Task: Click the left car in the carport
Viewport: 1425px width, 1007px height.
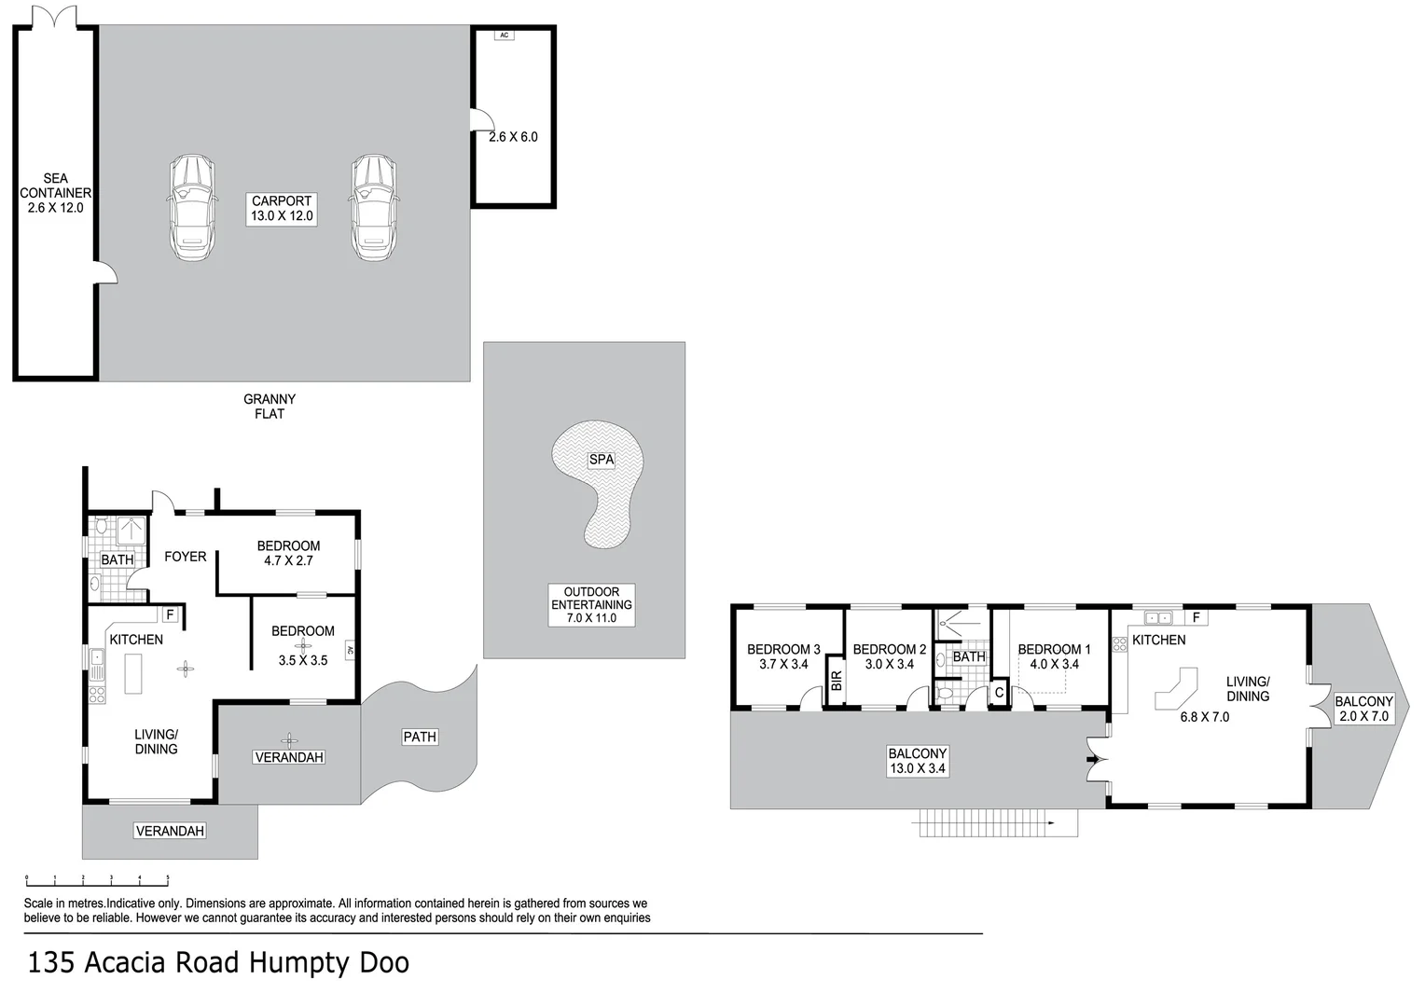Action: point(193,208)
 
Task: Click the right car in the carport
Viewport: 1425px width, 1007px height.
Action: point(375,208)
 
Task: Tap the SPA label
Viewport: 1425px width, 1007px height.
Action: point(602,460)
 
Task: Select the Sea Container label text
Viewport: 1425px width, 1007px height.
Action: point(55,193)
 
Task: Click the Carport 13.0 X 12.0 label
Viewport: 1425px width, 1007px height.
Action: point(282,209)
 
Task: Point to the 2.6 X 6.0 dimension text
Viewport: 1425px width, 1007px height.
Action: point(513,137)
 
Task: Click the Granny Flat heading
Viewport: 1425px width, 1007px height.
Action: point(270,407)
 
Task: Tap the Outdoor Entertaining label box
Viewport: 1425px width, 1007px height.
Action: point(591,605)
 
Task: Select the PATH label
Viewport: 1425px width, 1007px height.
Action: point(420,737)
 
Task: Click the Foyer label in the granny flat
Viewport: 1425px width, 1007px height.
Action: point(185,557)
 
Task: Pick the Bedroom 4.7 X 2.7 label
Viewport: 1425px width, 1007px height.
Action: point(288,553)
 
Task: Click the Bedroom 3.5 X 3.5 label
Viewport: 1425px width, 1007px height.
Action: point(302,645)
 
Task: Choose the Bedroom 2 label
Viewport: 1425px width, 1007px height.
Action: point(889,656)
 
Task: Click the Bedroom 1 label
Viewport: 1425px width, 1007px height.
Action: point(1054,656)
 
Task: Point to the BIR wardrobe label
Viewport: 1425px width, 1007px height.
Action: point(837,681)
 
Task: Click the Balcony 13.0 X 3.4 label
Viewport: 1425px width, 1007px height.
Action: point(917,761)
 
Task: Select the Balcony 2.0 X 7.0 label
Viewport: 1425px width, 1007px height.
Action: point(1363,709)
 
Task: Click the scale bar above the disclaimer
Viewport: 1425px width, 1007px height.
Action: point(97,879)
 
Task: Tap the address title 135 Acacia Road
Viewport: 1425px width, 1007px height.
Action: point(219,962)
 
